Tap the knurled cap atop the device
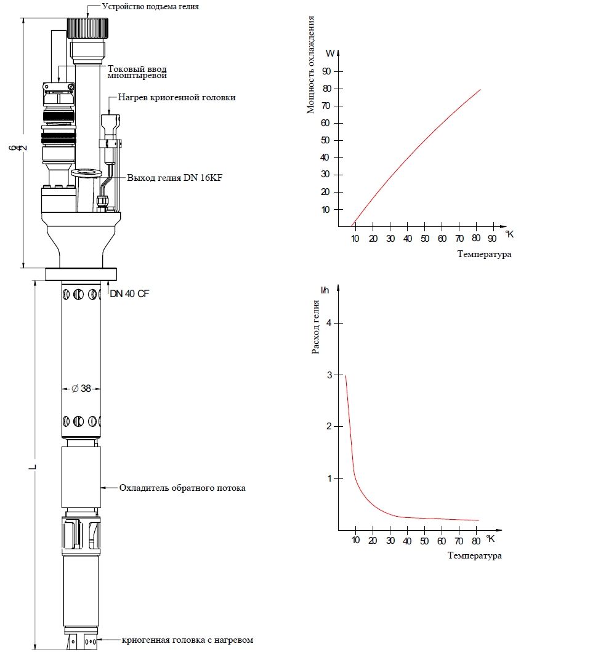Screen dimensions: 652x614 point(88,28)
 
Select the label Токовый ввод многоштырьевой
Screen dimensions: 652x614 point(137,72)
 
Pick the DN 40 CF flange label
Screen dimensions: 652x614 point(129,294)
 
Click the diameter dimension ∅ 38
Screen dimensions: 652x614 point(81,389)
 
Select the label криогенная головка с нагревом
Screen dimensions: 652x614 point(187,640)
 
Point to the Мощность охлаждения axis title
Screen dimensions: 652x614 point(311,65)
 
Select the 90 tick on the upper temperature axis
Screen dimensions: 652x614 point(493,239)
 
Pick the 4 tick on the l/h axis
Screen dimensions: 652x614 point(329,323)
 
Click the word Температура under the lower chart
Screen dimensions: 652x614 point(475,556)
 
